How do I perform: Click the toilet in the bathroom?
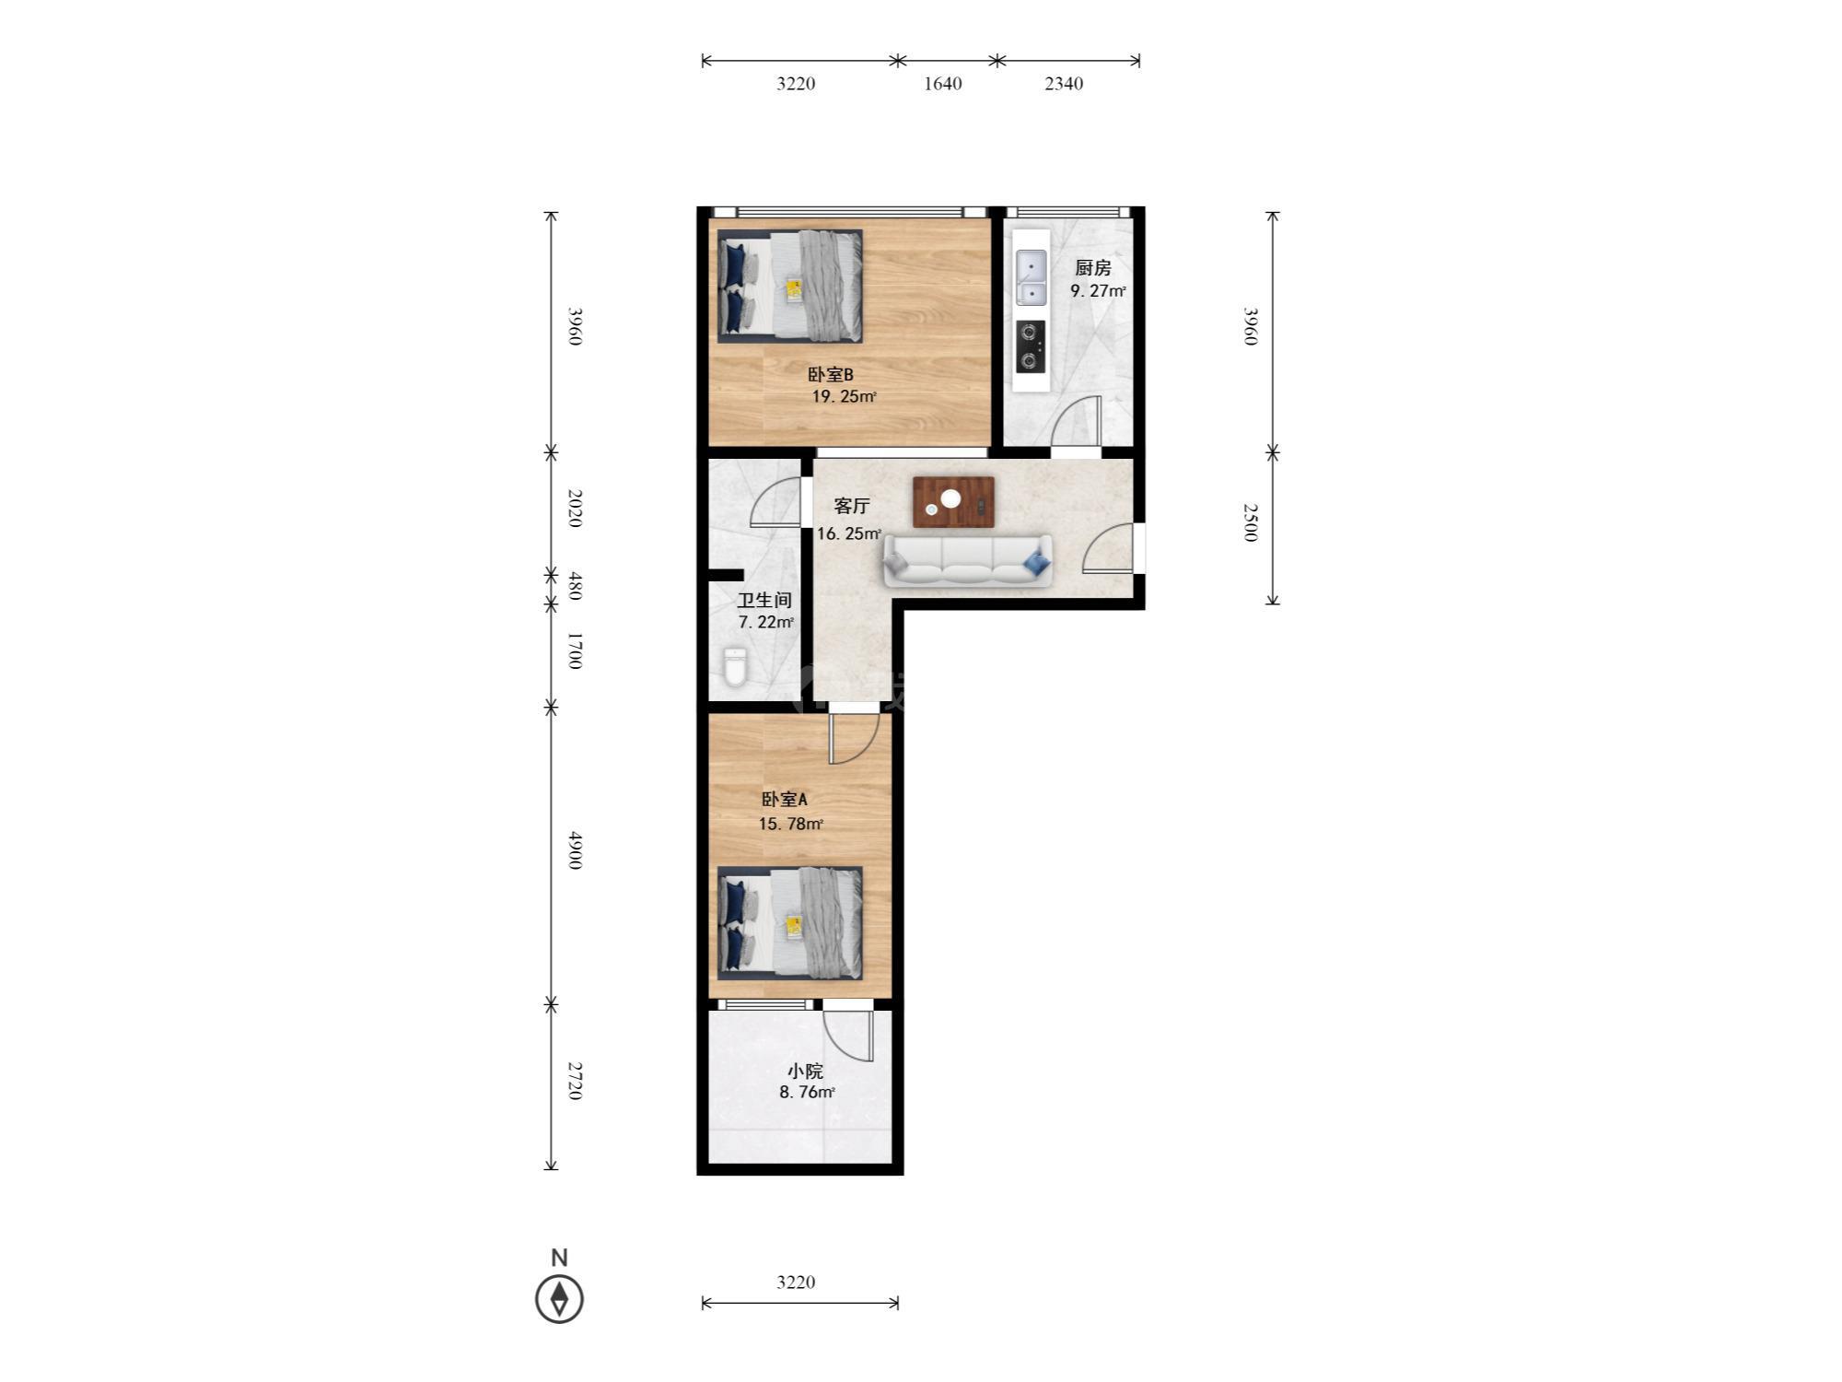point(735,668)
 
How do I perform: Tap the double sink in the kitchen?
point(1031,277)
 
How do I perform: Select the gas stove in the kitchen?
point(1031,346)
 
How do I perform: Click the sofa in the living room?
point(967,560)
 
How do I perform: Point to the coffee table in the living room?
point(953,502)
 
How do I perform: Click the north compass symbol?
point(559,1299)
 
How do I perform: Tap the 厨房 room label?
point(1093,268)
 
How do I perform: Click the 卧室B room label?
point(831,375)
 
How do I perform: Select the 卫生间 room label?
point(764,601)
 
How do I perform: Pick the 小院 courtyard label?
point(805,1072)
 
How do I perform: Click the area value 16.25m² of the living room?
point(849,533)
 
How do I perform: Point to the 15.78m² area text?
point(790,824)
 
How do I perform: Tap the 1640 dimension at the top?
point(942,84)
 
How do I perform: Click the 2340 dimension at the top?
point(1064,84)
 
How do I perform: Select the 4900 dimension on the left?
point(575,850)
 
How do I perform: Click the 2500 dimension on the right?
point(1250,522)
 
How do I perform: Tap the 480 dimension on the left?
point(575,586)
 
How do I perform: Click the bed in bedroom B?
point(790,287)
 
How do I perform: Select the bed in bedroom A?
point(790,923)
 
